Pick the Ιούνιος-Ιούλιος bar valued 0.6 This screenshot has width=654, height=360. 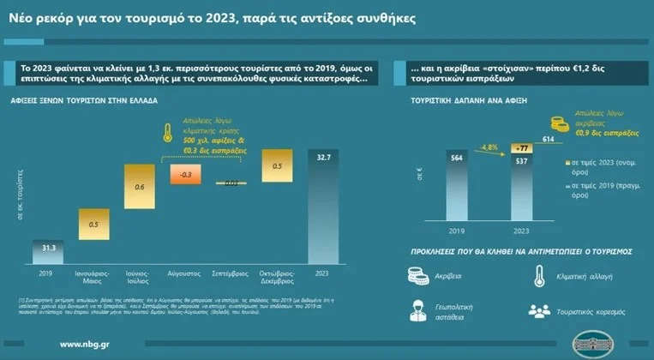click(140, 186)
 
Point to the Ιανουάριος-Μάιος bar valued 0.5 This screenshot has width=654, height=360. click(93, 225)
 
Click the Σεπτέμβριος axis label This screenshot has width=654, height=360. click(232, 275)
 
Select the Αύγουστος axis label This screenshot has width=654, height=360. click(186, 275)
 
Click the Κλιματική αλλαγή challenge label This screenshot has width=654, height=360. click(582, 276)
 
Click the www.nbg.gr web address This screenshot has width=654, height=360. click(83, 345)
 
